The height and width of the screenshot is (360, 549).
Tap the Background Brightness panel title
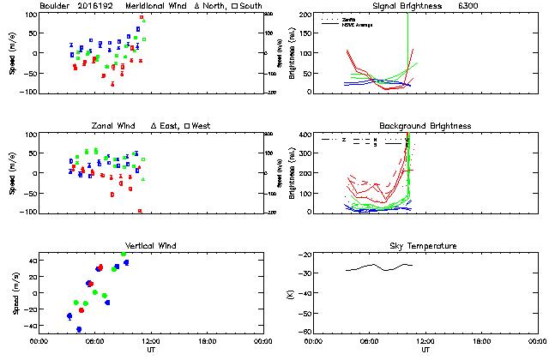point(424,126)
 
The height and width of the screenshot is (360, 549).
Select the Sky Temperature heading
point(425,246)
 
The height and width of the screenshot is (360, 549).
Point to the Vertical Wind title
point(151,246)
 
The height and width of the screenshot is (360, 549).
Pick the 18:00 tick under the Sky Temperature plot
point(481,340)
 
